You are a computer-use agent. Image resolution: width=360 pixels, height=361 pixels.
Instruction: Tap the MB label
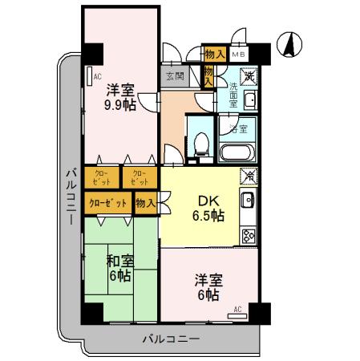pyautogui.click(x=237, y=54)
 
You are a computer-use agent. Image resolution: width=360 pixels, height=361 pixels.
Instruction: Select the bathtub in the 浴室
pyautogui.click(x=237, y=152)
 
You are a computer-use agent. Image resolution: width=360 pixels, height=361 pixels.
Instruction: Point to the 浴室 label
pyautogui.click(x=237, y=128)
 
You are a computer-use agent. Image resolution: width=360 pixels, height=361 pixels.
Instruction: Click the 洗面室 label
pyautogui.click(x=233, y=93)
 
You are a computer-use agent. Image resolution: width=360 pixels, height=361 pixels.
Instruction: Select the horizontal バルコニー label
pyautogui.click(x=170, y=339)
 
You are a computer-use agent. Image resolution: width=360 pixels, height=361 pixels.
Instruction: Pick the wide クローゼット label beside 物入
pyautogui.click(x=108, y=204)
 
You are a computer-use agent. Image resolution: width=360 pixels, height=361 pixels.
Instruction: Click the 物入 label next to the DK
pyautogui.click(x=145, y=204)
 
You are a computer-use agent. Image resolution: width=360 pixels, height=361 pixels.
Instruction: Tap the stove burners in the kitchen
pyautogui.click(x=249, y=236)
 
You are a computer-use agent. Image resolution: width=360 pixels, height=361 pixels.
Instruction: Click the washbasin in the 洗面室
pyautogui.click(x=250, y=100)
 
